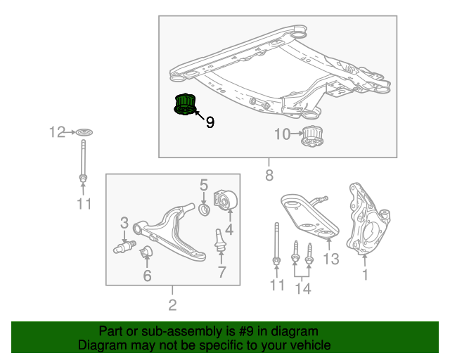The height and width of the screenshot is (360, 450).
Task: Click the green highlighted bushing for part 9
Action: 184,105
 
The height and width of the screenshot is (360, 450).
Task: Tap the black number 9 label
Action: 210,122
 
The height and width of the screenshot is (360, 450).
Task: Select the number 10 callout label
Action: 282,134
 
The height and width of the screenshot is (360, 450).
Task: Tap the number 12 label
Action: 57,131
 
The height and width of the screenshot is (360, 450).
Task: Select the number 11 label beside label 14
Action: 278,285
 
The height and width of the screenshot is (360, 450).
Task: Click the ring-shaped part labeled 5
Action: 206,209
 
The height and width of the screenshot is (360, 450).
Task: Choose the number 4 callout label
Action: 229,228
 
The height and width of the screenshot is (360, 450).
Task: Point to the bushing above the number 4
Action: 226,201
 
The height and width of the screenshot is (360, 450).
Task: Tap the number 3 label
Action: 124,223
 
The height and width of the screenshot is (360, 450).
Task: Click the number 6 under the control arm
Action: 147,276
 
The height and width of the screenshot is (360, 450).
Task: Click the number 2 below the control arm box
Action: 172,304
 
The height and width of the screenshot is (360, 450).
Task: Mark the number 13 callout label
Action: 330,259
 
